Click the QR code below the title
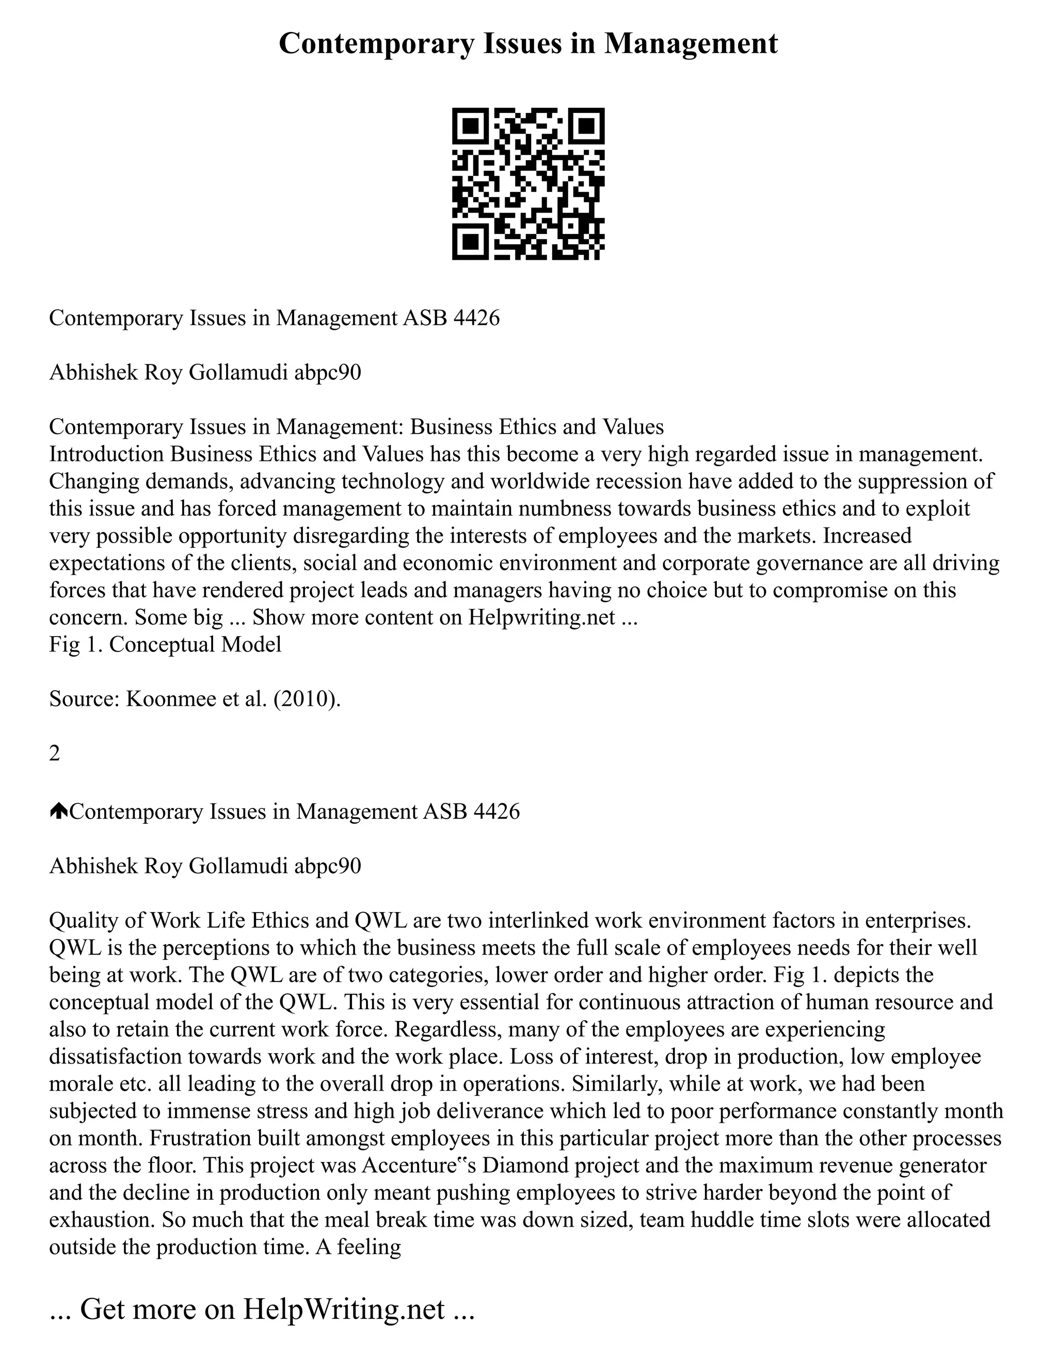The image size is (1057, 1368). (528, 184)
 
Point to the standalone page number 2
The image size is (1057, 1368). (55, 754)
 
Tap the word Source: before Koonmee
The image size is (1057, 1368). (85, 699)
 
